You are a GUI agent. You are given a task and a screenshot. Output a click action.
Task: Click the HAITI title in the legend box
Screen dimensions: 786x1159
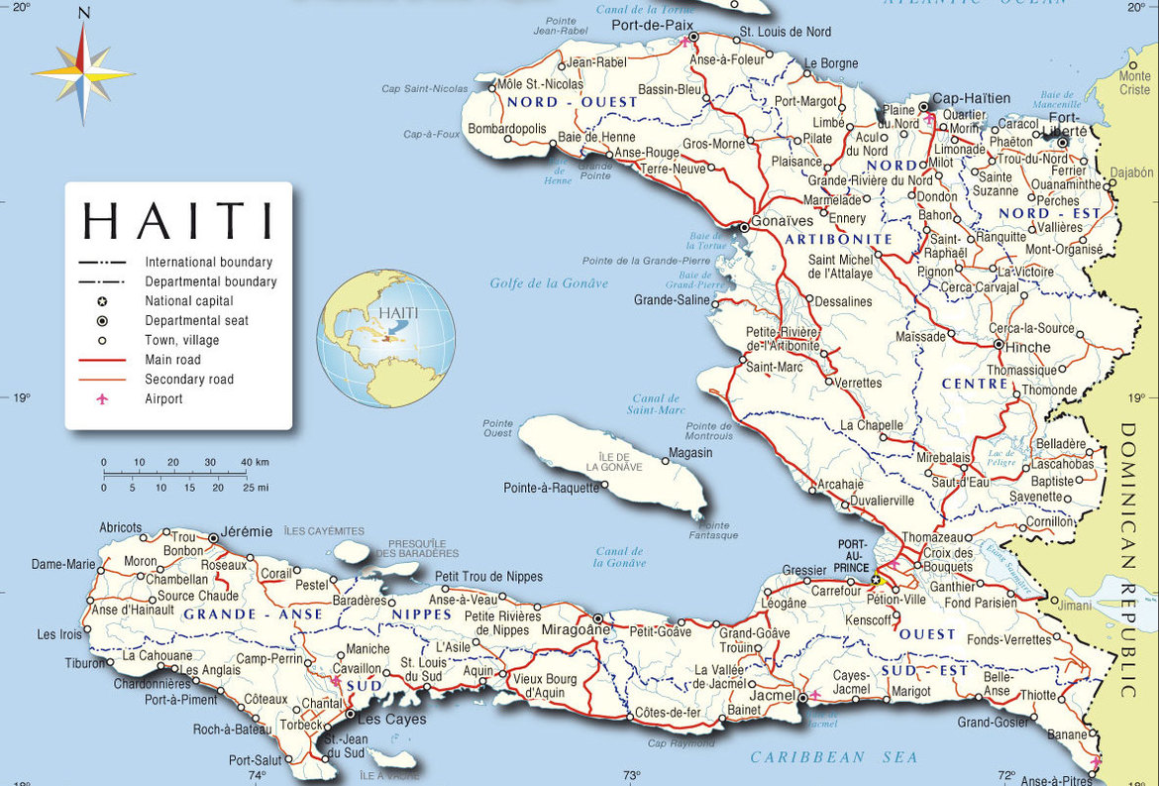click(x=178, y=220)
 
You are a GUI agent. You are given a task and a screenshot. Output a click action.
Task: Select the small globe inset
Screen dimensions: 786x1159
click(x=385, y=339)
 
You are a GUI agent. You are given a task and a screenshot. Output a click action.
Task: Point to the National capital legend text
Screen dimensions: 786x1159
click(x=189, y=300)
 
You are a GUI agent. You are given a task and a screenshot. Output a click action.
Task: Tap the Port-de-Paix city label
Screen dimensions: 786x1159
click(x=645, y=25)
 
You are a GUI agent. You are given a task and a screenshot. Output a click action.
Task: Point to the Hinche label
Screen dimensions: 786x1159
click(x=1027, y=347)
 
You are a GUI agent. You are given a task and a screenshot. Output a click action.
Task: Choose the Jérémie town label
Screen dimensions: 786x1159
click(x=248, y=531)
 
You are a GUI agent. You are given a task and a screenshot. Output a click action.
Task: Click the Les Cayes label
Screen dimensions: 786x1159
click(x=390, y=719)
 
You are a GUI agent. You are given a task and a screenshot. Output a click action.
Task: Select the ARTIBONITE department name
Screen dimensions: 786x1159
click(x=838, y=240)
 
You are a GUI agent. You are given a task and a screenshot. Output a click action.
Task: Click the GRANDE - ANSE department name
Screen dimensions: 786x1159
click(x=253, y=615)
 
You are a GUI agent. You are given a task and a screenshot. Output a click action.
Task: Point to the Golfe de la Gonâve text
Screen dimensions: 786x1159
click(x=549, y=283)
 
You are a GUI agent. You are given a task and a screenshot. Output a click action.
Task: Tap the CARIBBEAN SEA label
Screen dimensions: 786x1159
click(x=835, y=757)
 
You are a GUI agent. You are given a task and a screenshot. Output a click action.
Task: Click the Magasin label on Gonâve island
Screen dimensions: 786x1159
click(x=689, y=453)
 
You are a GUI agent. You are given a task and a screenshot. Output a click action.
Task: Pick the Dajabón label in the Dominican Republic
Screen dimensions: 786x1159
click(x=1132, y=171)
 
